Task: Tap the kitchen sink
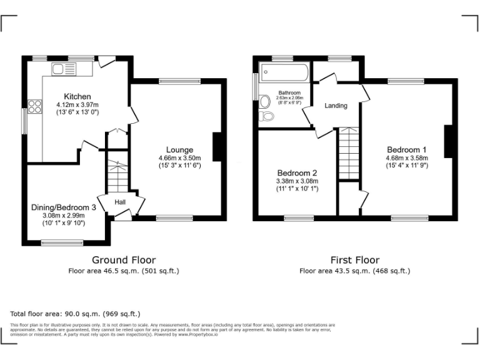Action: tap(63, 69)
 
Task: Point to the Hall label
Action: tap(120, 202)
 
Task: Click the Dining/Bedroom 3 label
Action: tap(64, 207)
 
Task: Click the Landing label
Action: tap(336, 106)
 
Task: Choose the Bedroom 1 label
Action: tap(406, 149)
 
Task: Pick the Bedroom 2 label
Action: tap(297, 173)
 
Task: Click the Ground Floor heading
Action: tap(124, 260)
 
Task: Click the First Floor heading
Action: tap(354, 260)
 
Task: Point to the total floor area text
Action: tap(76, 314)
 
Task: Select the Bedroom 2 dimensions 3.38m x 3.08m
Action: tap(297, 181)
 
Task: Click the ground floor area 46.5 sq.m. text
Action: tap(124, 271)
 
